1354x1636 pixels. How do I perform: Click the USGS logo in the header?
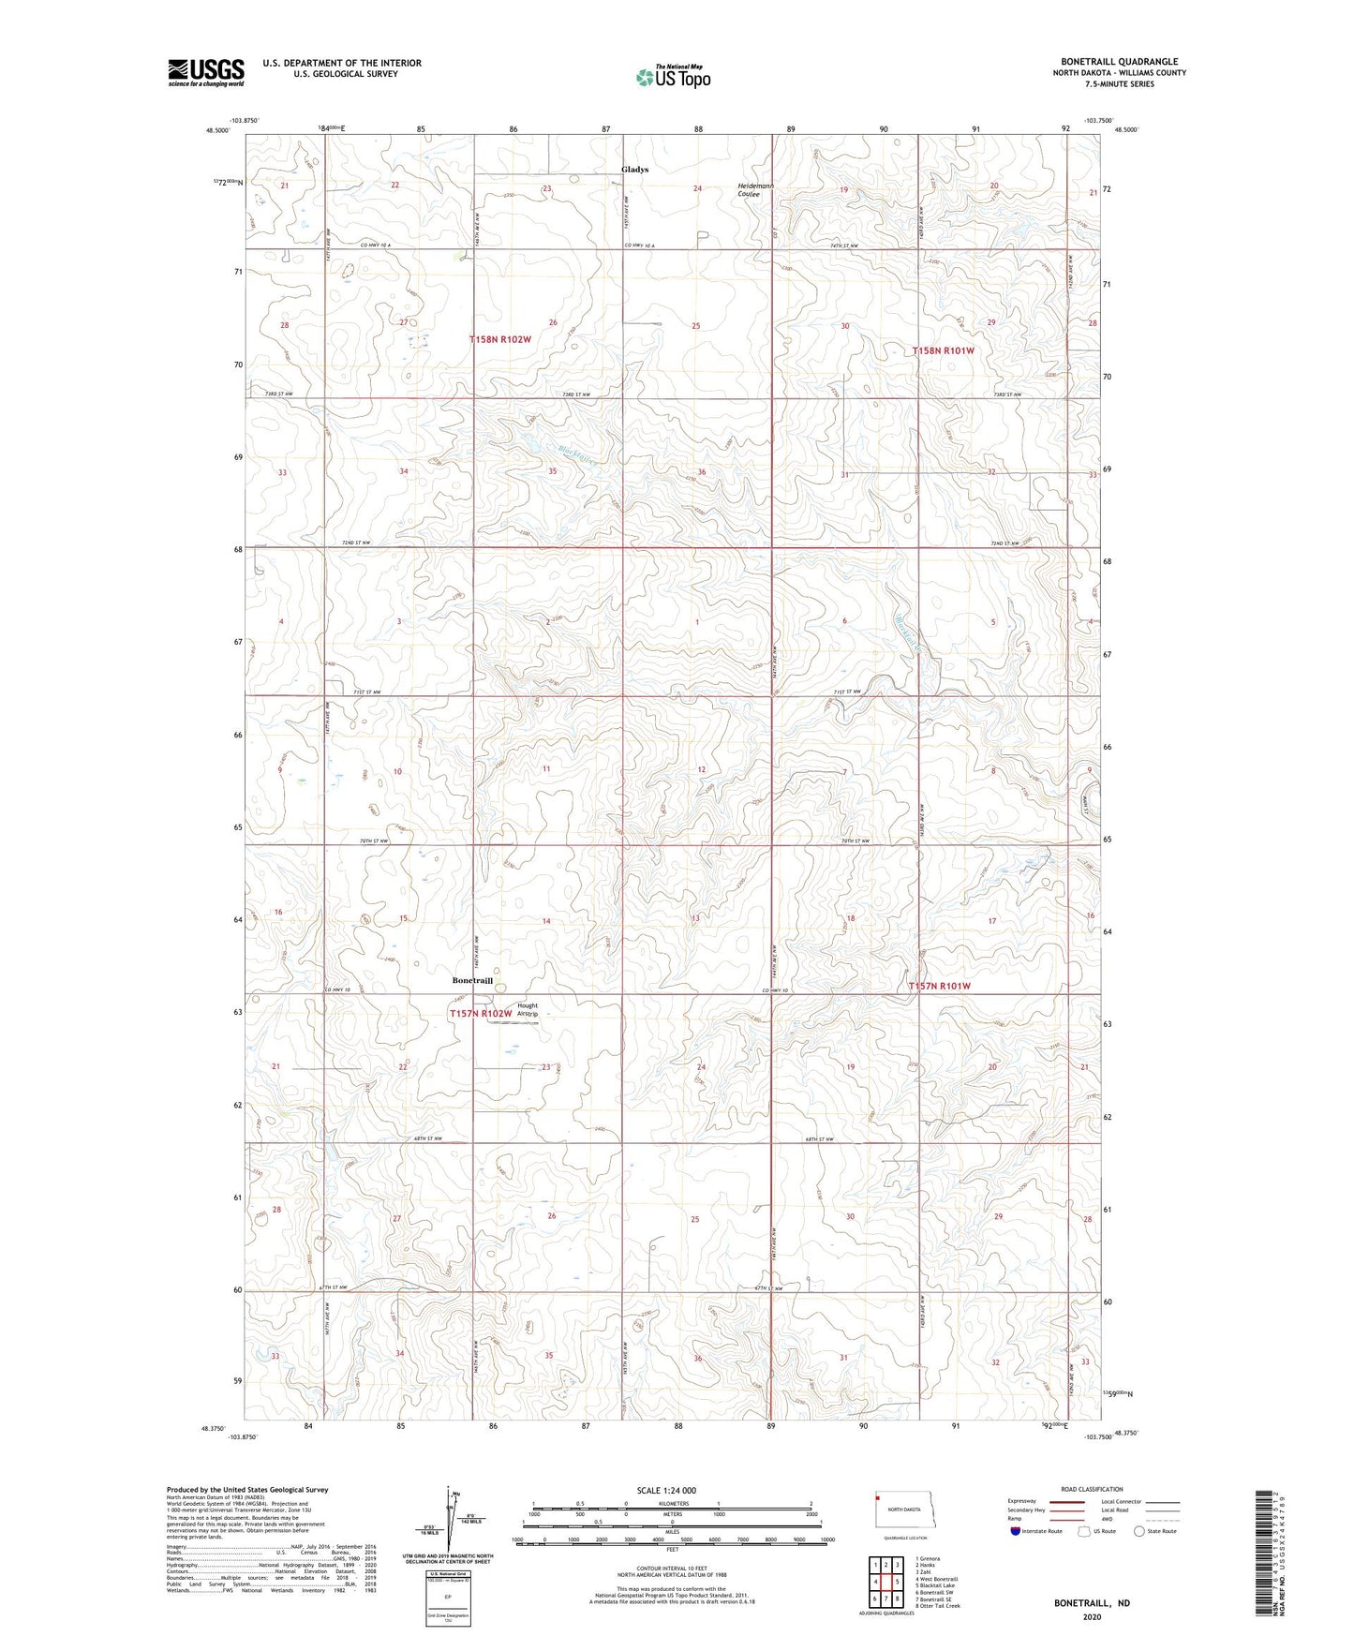(x=206, y=71)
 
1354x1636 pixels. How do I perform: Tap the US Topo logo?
(x=673, y=77)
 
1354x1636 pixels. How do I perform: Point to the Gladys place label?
(x=634, y=170)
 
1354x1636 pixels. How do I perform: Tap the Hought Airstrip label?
(x=528, y=1009)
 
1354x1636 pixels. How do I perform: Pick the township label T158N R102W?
(x=500, y=339)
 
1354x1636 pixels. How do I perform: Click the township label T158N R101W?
(x=943, y=350)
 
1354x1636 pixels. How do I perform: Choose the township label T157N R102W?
(x=480, y=1014)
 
